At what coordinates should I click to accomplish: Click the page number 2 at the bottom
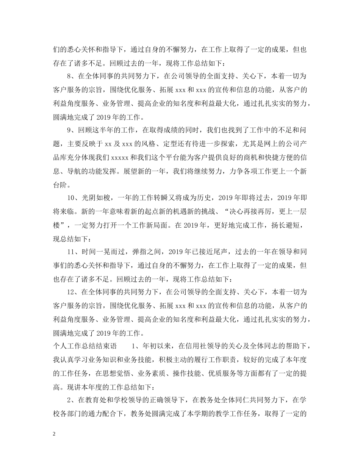[x=55, y=434]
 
